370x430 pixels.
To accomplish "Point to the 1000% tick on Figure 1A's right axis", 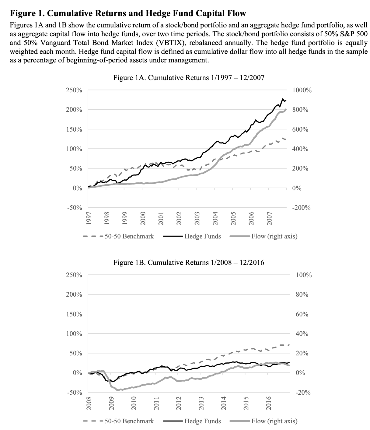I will coord(302,90).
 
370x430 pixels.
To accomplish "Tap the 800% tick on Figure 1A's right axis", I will coord(300,110).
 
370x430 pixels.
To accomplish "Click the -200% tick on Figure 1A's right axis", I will coord(301,208).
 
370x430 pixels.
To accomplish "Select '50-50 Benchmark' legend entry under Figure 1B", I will coord(129,421).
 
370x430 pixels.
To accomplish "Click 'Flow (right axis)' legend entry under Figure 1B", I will coord(274,421).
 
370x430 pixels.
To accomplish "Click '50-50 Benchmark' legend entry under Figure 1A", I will coord(129,236).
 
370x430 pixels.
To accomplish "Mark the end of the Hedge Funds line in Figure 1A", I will coord(286,100).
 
